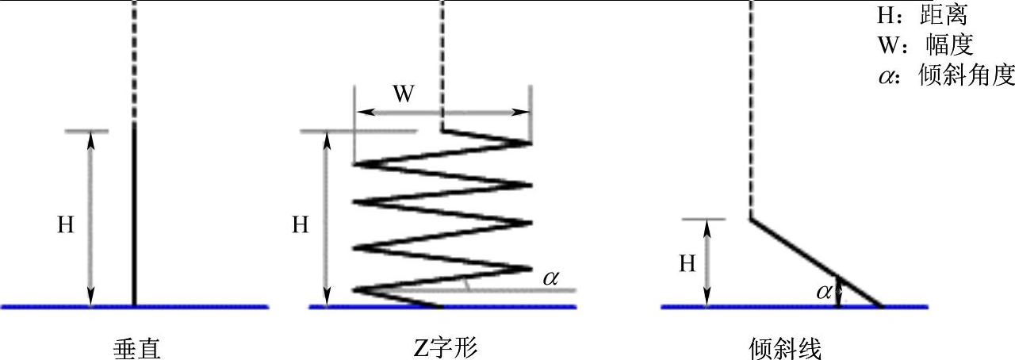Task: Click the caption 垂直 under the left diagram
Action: pyautogui.click(x=137, y=347)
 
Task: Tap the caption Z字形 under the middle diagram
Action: pyautogui.click(x=446, y=347)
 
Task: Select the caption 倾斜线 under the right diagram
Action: pyautogui.click(x=784, y=347)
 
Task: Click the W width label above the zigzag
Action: pyautogui.click(x=404, y=94)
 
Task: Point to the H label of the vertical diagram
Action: pyautogui.click(x=65, y=225)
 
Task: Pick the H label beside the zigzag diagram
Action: pyautogui.click(x=300, y=225)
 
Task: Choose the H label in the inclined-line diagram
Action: pyautogui.click(x=687, y=264)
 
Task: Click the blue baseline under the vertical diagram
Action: pyautogui.click(x=135, y=306)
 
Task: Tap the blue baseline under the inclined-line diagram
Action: pyautogui.click(x=793, y=306)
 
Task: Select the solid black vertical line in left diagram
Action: pyautogui.click(x=134, y=214)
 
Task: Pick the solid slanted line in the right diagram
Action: pyautogui.click(x=817, y=262)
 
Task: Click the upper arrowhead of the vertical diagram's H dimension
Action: pyautogui.click(x=90, y=138)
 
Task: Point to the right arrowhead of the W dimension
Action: pyautogui.click(x=524, y=112)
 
